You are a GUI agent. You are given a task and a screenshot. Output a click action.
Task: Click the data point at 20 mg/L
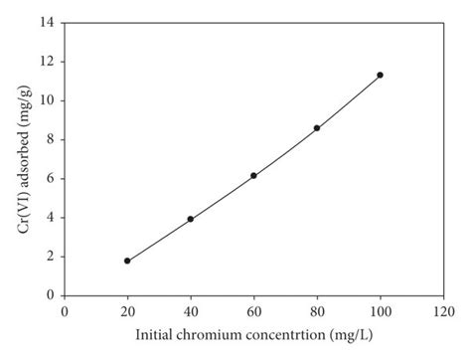click(x=127, y=261)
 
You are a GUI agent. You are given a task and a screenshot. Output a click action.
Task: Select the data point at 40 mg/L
click(x=190, y=219)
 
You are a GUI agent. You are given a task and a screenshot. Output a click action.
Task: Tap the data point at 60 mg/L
click(x=253, y=176)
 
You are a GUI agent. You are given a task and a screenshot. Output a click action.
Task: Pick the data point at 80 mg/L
click(x=317, y=128)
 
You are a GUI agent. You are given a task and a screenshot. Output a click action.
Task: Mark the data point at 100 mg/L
click(x=380, y=75)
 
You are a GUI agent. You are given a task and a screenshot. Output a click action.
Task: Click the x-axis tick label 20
click(x=127, y=310)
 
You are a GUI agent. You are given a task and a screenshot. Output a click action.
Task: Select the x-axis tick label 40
click(x=190, y=310)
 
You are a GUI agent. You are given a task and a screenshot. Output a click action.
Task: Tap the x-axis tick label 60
click(x=253, y=310)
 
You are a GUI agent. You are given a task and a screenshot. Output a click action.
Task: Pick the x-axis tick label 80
click(x=317, y=310)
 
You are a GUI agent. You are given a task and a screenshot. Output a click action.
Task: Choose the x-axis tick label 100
click(x=380, y=310)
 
